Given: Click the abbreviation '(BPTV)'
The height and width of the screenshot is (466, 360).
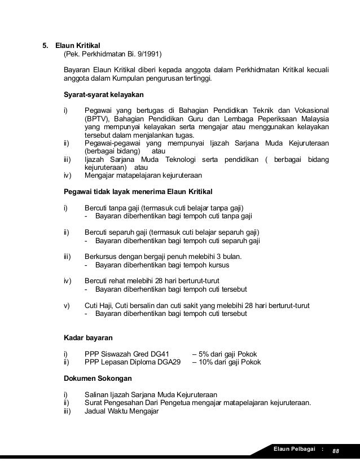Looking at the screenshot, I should tap(97, 119).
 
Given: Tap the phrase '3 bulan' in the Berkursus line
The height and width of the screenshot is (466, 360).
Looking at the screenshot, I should tap(227, 256).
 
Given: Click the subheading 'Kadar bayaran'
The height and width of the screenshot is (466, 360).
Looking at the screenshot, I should tap(87, 338).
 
